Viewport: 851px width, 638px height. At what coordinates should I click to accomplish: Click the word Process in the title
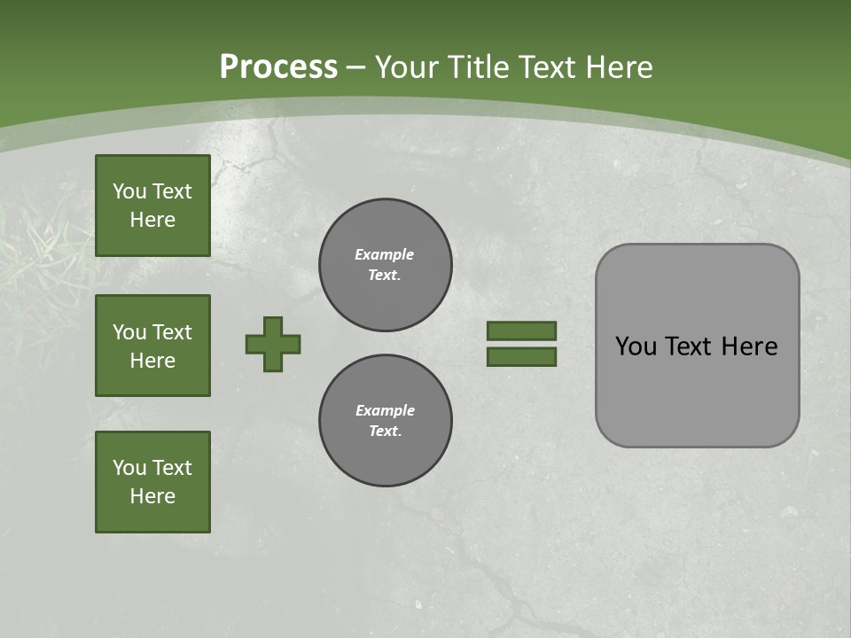click(278, 67)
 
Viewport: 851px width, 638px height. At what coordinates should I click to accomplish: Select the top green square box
click(152, 206)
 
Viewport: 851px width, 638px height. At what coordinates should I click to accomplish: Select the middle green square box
click(152, 346)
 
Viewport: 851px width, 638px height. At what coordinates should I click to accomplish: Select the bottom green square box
click(152, 482)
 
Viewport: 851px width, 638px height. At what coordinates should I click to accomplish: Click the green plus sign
click(273, 344)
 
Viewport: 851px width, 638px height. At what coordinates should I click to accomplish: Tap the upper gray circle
click(386, 264)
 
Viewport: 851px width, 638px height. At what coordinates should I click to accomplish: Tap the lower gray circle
click(386, 420)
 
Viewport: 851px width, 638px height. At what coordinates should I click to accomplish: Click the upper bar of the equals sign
click(521, 331)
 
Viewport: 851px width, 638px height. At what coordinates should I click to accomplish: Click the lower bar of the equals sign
click(521, 356)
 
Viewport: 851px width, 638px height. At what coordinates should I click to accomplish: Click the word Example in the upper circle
click(384, 254)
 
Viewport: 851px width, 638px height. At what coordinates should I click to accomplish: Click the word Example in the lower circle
click(385, 410)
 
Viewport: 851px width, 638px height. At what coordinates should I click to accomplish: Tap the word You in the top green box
click(129, 191)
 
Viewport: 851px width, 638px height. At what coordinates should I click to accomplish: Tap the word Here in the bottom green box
click(152, 496)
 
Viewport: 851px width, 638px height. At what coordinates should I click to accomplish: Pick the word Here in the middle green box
click(152, 361)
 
